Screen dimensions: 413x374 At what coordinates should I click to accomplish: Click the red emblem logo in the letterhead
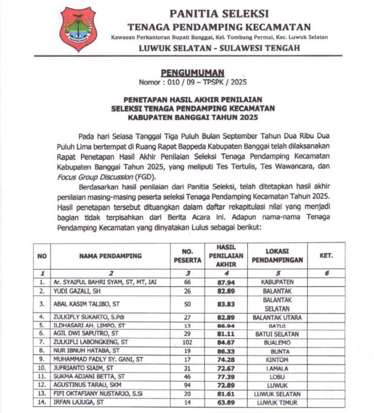click(78, 30)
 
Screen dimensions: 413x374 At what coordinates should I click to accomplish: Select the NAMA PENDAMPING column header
click(110, 256)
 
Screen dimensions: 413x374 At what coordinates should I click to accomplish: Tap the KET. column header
click(326, 256)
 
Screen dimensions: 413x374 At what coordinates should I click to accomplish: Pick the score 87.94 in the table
click(224, 282)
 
